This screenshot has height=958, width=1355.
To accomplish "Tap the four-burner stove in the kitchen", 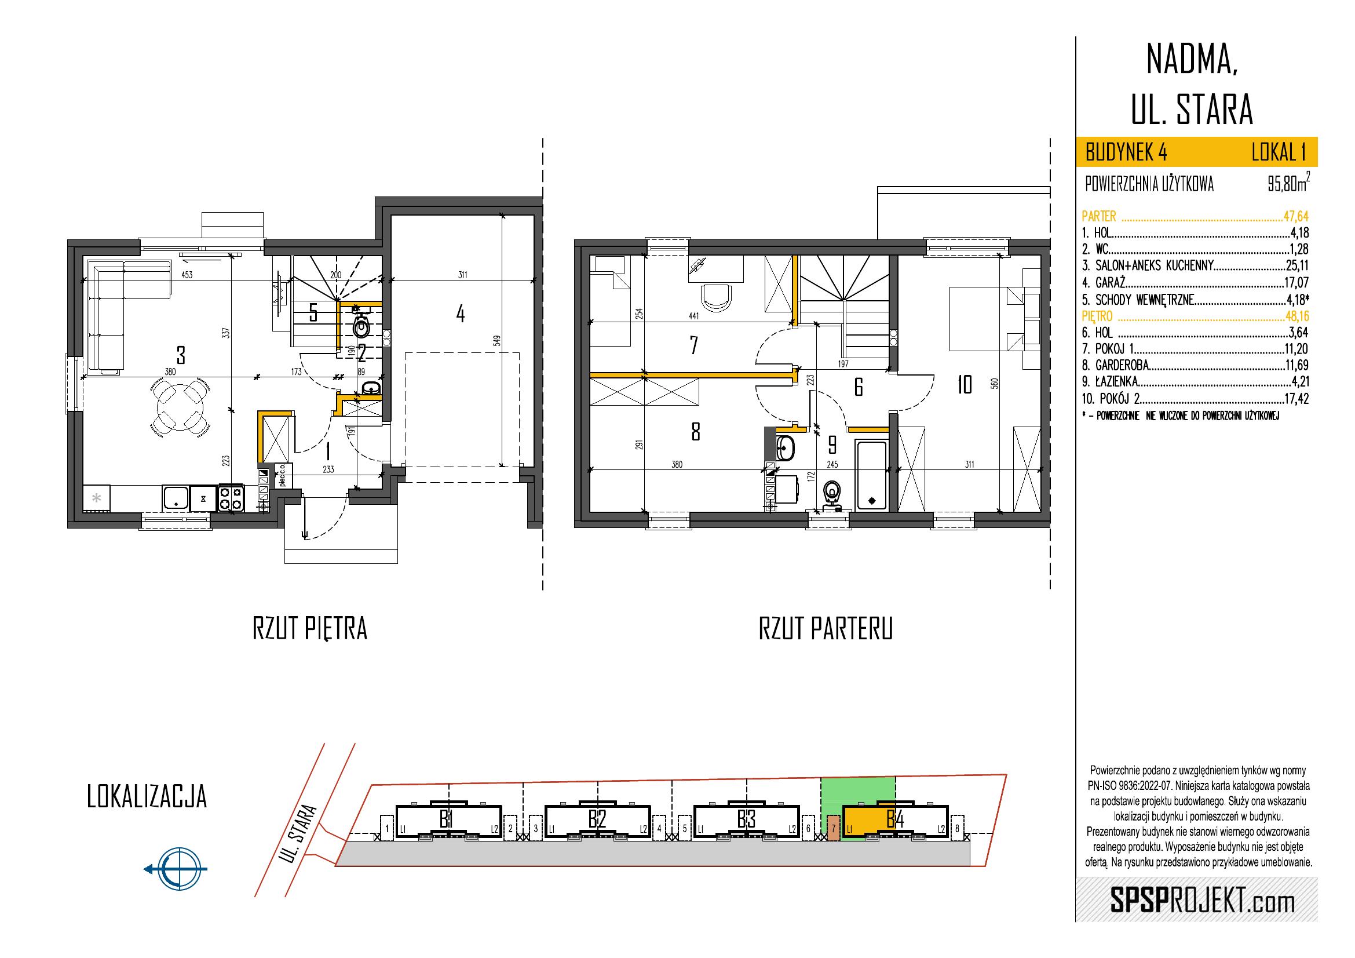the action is tap(230, 497).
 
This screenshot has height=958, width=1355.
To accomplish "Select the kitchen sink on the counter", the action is tap(176, 497).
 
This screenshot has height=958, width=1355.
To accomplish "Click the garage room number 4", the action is tap(461, 314).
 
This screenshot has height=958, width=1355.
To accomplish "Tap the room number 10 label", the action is tap(965, 385).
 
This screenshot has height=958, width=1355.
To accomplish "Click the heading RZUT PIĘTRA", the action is tap(309, 629).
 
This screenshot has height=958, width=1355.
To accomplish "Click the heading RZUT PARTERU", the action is tap(826, 629).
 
